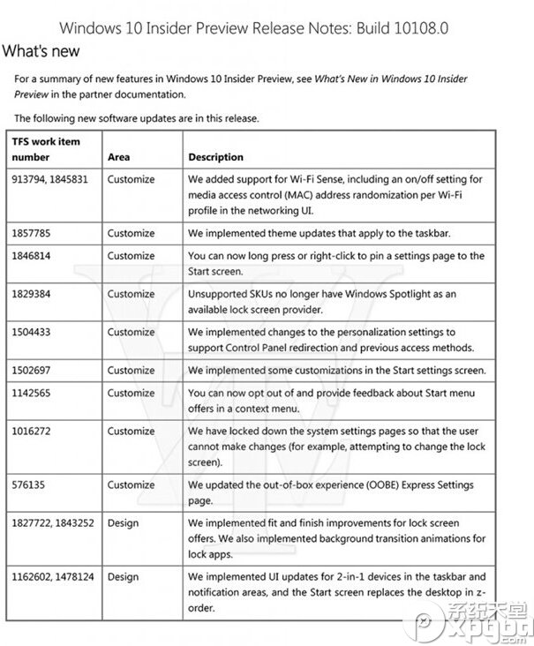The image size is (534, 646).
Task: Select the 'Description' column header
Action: (x=215, y=157)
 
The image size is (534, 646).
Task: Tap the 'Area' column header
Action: (x=118, y=157)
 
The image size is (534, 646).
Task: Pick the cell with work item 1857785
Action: (x=34, y=234)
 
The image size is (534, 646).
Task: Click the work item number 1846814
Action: (x=34, y=256)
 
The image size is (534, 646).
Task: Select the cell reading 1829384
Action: (x=34, y=294)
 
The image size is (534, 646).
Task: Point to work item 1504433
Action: (x=34, y=332)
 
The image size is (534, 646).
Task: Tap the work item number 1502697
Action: (x=34, y=371)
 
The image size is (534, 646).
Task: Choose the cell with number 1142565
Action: (x=34, y=393)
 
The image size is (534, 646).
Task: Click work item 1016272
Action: (x=34, y=431)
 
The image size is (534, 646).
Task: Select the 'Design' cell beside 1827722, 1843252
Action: (x=123, y=523)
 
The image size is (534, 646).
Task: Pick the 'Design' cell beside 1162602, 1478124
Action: (x=123, y=577)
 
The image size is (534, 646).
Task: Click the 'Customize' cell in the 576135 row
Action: (x=131, y=484)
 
